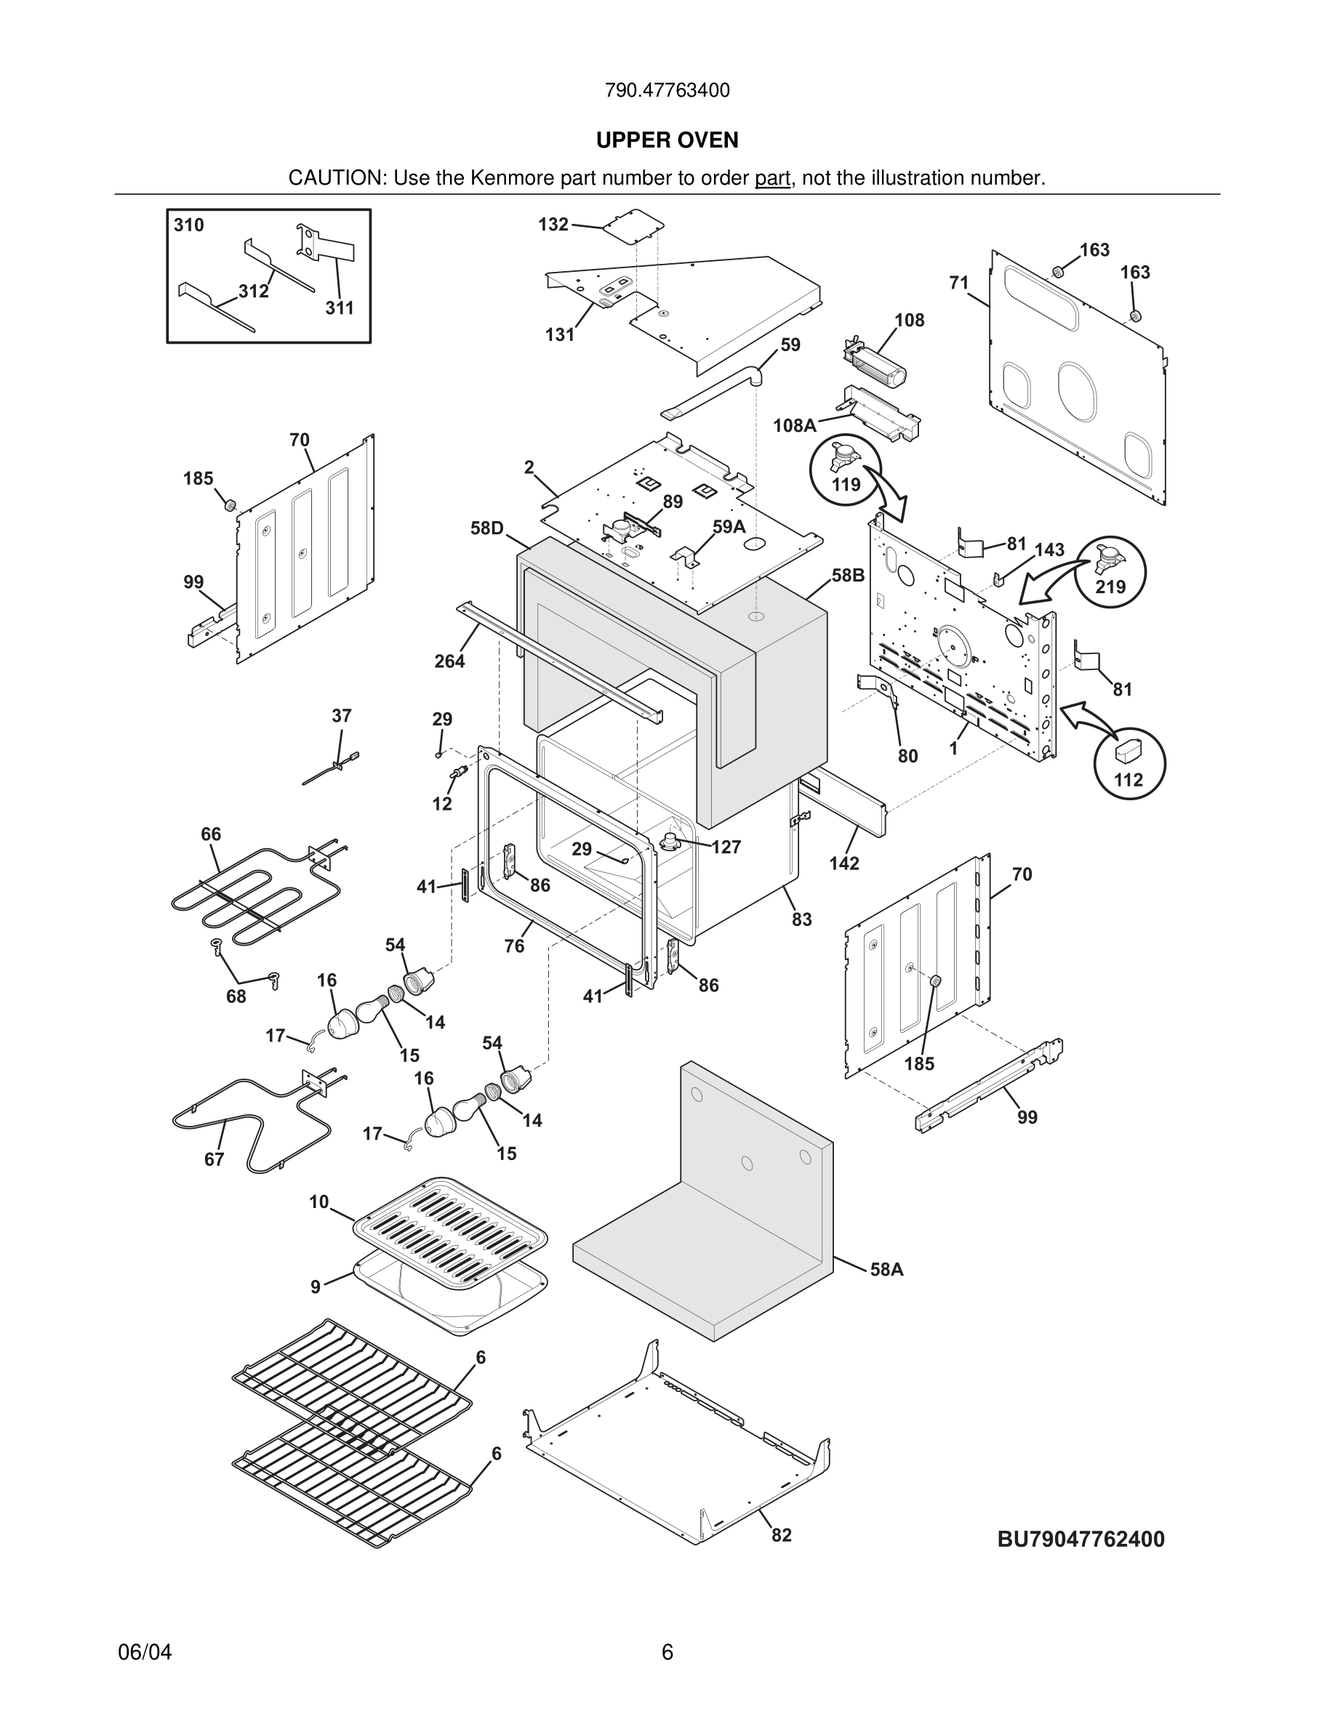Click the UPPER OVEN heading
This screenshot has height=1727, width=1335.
pos(667,140)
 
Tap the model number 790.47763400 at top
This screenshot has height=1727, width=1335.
pos(667,91)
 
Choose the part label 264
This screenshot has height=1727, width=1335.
pos(449,661)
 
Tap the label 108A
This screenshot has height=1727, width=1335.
pos(794,426)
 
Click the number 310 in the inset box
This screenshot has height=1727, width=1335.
pos(189,225)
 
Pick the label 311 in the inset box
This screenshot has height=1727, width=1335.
pos(340,308)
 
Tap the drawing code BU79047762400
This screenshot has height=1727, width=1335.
pos(1081,1539)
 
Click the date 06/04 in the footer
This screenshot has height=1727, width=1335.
pos(145,1652)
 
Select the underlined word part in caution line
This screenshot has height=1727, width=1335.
pos(772,179)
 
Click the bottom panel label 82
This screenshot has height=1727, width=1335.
pos(782,1535)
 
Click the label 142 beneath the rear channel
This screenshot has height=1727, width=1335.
pos(844,863)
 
